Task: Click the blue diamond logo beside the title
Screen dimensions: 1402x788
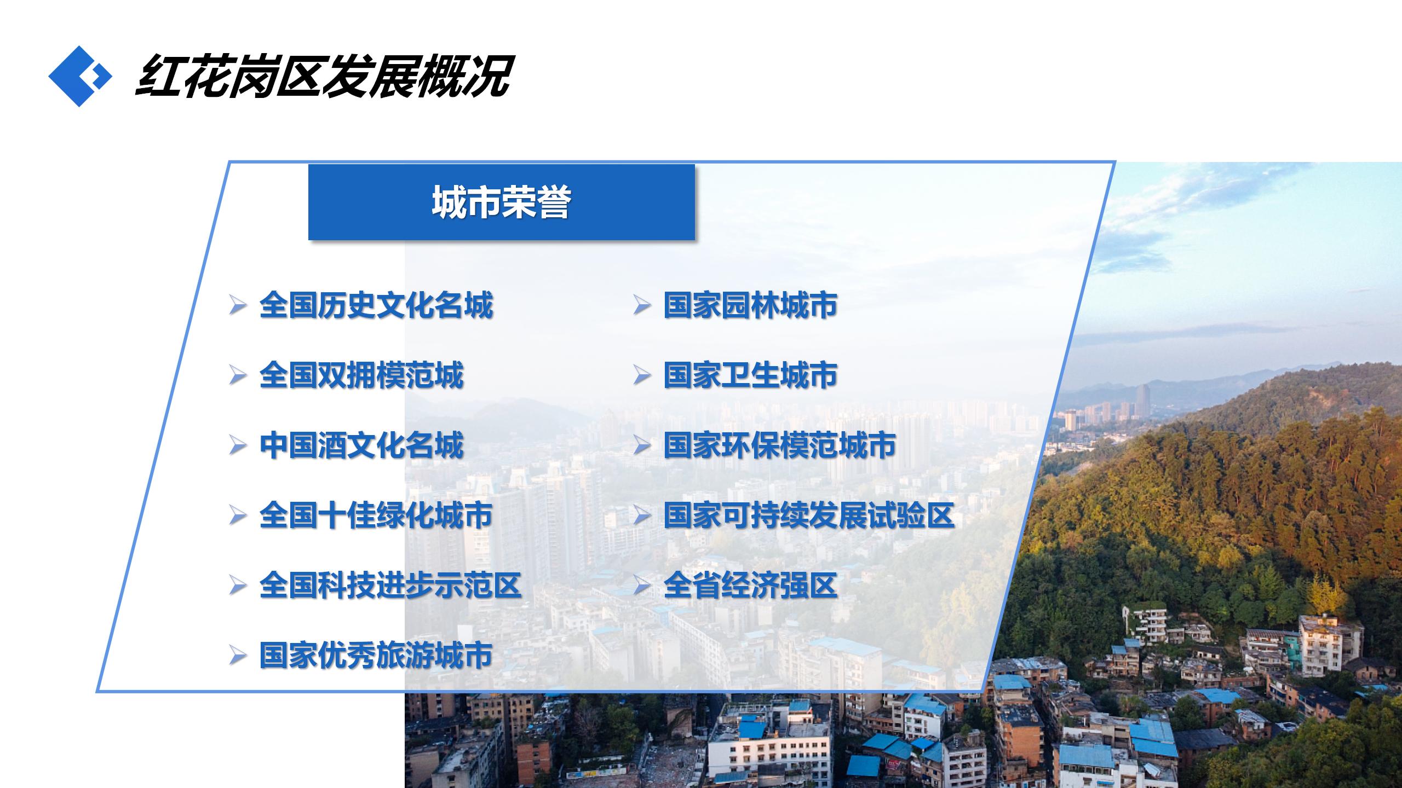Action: (x=80, y=76)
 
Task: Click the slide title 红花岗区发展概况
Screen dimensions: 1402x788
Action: (x=323, y=76)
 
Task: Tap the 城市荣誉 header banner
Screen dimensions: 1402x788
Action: (x=501, y=202)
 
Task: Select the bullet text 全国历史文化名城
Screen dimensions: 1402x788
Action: (x=376, y=305)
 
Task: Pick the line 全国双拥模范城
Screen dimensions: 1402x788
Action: (x=361, y=375)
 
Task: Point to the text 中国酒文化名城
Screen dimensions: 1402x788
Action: (x=361, y=445)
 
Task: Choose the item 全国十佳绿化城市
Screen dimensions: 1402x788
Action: (x=376, y=515)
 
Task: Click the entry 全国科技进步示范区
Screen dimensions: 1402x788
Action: (x=390, y=586)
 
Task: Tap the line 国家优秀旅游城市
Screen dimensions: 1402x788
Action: (x=376, y=656)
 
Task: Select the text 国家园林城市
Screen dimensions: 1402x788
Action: (x=751, y=305)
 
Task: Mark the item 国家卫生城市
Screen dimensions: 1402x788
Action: (x=751, y=375)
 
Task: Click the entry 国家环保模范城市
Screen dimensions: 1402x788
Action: (x=780, y=445)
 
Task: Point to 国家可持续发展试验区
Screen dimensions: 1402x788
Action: (x=809, y=515)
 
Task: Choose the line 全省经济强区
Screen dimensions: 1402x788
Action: (x=751, y=586)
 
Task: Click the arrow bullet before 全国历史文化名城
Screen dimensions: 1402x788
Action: (x=238, y=305)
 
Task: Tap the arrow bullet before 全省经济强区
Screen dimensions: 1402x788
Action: (x=642, y=586)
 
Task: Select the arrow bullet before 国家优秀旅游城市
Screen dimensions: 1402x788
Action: (x=238, y=656)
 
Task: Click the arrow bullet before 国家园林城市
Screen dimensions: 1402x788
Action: (x=642, y=305)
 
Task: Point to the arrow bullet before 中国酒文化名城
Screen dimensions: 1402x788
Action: (x=238, y=445)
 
